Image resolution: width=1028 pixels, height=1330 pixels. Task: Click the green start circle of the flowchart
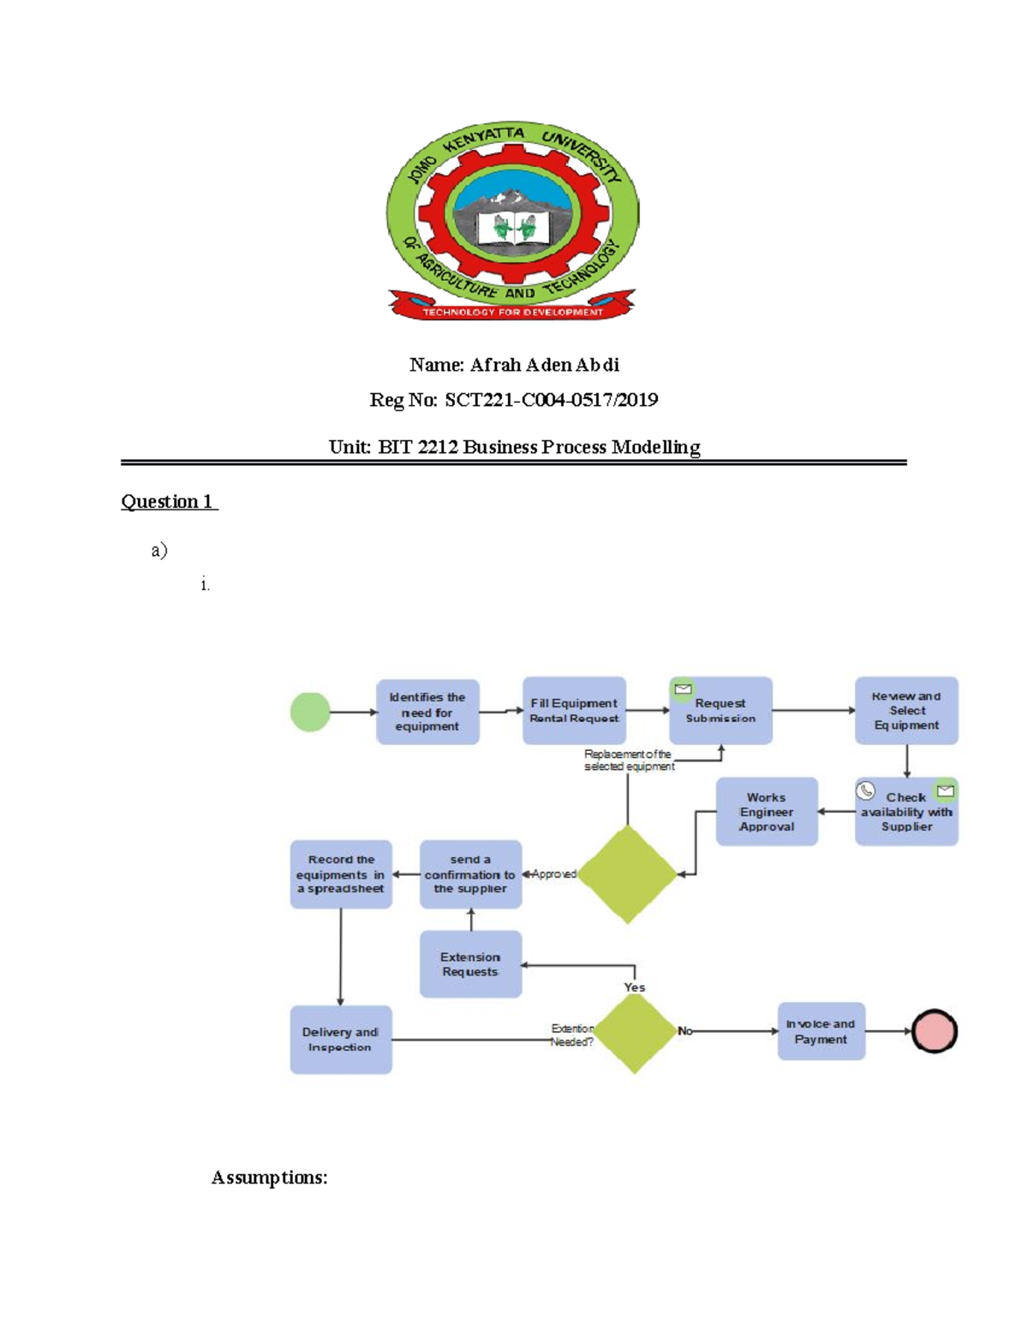click(310, 712)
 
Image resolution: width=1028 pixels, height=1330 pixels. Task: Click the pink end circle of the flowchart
click(934, 1031)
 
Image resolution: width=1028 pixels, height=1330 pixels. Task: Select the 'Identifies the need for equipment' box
click(427, 712)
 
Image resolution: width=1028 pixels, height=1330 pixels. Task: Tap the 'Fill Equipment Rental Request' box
click(574, 711)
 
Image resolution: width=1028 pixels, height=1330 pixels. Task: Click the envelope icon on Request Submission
click(683, 689)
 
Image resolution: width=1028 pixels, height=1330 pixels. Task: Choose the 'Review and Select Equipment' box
click(906, 711)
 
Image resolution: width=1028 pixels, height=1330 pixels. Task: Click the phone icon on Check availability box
click(866, 790)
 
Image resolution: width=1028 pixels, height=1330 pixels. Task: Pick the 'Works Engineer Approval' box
click(767, 812)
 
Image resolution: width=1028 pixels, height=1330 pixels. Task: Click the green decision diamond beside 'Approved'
click(628, 874)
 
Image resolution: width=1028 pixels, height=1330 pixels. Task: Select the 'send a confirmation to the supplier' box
click(470, 874)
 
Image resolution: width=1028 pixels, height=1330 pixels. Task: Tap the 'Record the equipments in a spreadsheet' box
click(341, 874)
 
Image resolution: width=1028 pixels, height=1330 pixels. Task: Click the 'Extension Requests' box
click(470, 964)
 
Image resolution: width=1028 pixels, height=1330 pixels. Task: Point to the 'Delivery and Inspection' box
click(341, 1040)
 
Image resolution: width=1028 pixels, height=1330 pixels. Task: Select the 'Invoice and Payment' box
click(821, 1031)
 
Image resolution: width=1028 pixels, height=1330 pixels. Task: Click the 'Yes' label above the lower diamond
click(635, 987)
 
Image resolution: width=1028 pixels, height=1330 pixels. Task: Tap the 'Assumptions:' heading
click(270, 1178)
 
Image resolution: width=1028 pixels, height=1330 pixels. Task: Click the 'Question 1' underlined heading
click(169, 502)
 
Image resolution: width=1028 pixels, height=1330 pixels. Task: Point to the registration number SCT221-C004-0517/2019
click(551, 400)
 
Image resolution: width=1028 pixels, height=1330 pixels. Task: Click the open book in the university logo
click(513, 229)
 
